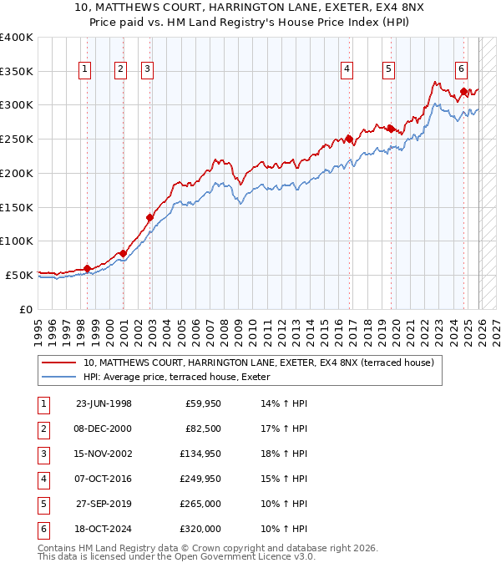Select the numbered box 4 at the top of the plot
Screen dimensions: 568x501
pos(347,70)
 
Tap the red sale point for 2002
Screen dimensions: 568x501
pos(150,218)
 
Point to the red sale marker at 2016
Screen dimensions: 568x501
pos(349,139)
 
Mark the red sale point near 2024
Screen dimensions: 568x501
pos(463,92)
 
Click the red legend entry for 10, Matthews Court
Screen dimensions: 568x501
pos(258,363)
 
